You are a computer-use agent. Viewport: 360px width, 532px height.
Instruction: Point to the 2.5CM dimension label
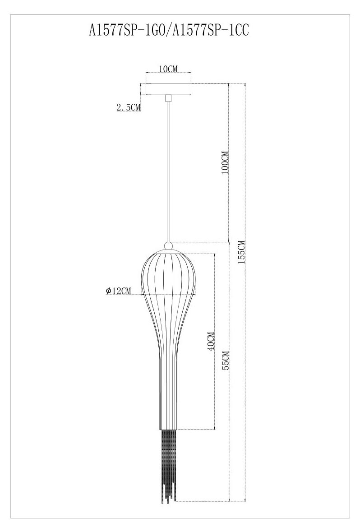click(129, 107)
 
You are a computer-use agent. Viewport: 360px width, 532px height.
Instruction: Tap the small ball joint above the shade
click(168, 246)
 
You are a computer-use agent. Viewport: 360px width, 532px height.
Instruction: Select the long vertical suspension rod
click(168, 171)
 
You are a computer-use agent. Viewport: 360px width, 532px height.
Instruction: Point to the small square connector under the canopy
click(168, 98)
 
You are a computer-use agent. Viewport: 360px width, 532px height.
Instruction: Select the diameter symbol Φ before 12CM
click(109, 291)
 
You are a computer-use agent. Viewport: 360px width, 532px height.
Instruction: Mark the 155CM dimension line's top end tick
click(245, 83)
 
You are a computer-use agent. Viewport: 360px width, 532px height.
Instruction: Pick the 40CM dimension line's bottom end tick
click(214, 429)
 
